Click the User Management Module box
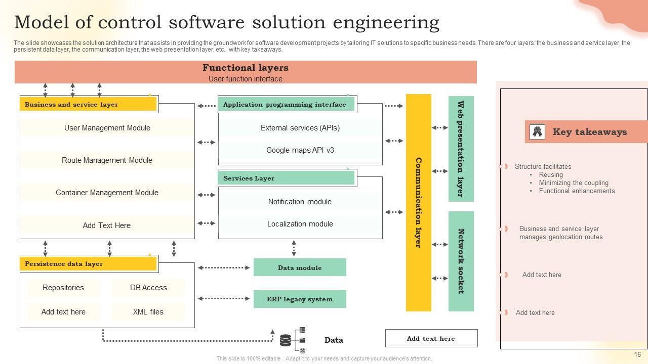point(107,128)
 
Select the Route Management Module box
point(107,160)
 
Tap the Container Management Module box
point(107,193)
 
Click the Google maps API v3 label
point(300,150)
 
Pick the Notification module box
point(300,202)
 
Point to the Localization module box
point(300,224)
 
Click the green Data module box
point(300,267)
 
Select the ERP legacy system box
point(300,299)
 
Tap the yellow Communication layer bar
point(418,202)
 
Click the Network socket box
point(461,261)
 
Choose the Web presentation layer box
point(461,149)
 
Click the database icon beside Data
point(286,340)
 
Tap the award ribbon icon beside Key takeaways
point(537,132)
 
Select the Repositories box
point(63,288)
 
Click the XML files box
point(148,312)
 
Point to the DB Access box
point(148,288)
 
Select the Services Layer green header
point(287,178)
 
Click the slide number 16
point(637,355)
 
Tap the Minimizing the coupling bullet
point(574,183)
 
